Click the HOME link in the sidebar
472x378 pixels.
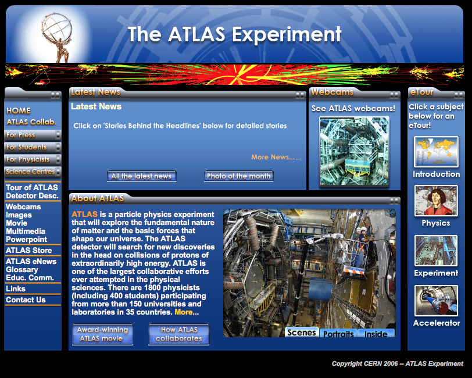(x=19, y=110)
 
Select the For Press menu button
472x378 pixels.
(x=33, y=135)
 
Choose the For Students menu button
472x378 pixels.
(x=33, y=147)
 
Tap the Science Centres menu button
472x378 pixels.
(x=33, y=172)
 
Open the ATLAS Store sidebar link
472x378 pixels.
(x=28, y=250)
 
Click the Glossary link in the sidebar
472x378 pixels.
(x=22, y=270)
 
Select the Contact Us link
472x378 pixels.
(x=26, y=299)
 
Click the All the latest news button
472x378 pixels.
(x=141, y=176)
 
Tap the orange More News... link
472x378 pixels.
(x=273, y=157)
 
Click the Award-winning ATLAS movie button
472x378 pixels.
(x=103, y=334)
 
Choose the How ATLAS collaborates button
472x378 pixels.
(x=179, y=334)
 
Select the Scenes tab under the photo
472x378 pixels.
(x=302, y=332)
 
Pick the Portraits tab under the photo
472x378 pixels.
(x=338, y=333)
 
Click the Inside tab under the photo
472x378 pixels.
(x=376, y=333)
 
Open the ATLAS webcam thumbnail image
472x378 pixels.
(x=355, y=152)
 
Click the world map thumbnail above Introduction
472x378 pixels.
(x=436, y=152)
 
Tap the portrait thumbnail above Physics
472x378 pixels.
(x=436, y=200)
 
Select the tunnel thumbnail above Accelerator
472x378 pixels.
(x=436, y=300)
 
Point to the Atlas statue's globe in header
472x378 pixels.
(x=57, y=27)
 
